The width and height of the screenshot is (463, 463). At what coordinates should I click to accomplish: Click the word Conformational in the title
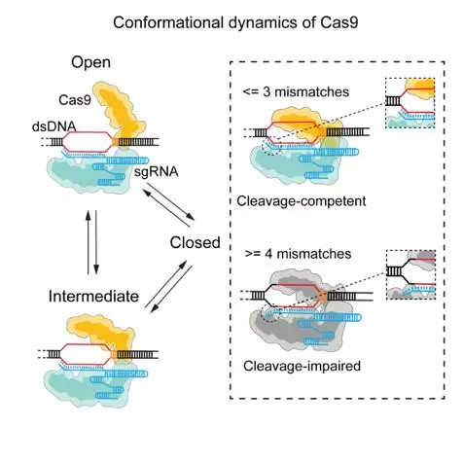(x=168, y=23)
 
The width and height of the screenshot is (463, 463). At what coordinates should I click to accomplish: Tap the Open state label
(x=90, y=63)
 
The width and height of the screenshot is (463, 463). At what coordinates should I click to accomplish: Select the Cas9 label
(x=75, y=100)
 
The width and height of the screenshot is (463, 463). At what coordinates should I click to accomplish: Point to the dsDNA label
(x=54, y=126)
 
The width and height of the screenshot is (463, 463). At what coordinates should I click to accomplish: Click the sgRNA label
(x=157, y=171)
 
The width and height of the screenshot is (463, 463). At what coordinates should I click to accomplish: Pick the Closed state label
(x=196, y=242)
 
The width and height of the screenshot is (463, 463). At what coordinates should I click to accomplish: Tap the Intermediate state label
(x=93, y=297)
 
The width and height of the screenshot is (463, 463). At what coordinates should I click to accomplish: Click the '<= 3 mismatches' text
(x=296, y=92)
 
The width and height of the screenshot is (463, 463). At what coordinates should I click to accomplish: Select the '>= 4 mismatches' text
(x=298, y=254)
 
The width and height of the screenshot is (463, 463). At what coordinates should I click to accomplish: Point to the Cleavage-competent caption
(x=302, y=201)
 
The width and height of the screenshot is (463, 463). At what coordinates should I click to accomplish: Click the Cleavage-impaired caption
(x=303, y=366)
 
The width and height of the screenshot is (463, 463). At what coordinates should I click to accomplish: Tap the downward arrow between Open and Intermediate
(x=96, y=242)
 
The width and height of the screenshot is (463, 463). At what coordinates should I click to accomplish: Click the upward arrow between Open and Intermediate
(x=88, y=242)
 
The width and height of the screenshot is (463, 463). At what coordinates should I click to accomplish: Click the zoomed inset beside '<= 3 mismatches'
(x=410, y=103)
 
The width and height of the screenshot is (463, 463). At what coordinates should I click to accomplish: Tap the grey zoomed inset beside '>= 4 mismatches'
(x=410, y=274)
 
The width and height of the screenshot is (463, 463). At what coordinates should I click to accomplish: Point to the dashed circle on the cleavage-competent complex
(x=271, y=146)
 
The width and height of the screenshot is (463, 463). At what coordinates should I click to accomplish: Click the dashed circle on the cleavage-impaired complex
(x=271, y=312)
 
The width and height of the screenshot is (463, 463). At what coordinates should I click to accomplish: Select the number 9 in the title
(x=353, y=23)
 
